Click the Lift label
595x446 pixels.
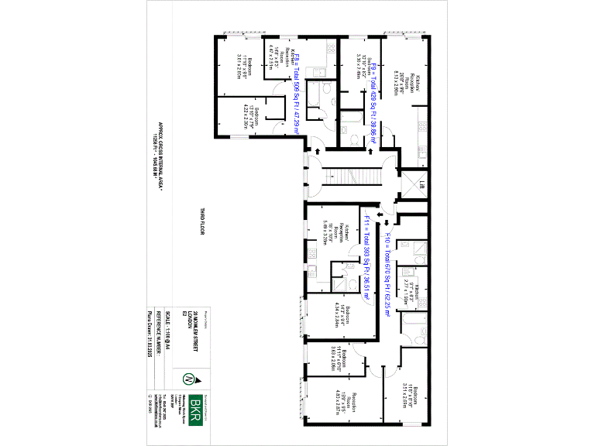(x=422, y=185)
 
